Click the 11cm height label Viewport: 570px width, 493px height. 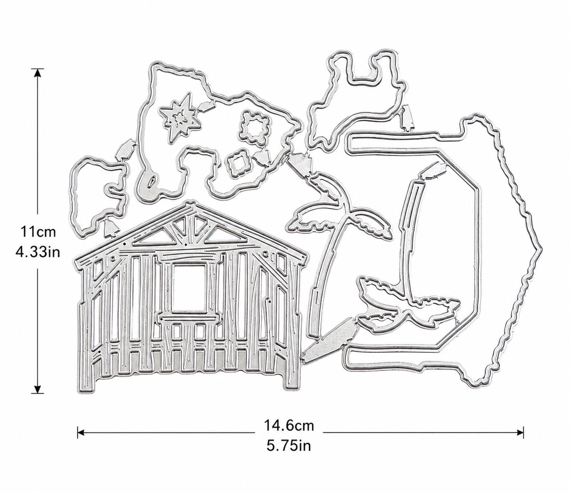click(38, 232)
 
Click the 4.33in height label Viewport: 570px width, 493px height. click(38, 252)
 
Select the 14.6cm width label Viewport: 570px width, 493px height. click(289, 425)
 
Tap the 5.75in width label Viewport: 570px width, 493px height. click(289, 446)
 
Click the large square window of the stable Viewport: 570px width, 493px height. click(189, 288)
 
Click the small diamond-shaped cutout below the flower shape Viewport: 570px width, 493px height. click(237, 164)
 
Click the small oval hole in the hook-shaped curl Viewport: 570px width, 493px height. click(151, 183)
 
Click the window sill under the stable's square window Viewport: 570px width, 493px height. click(189, 318)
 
